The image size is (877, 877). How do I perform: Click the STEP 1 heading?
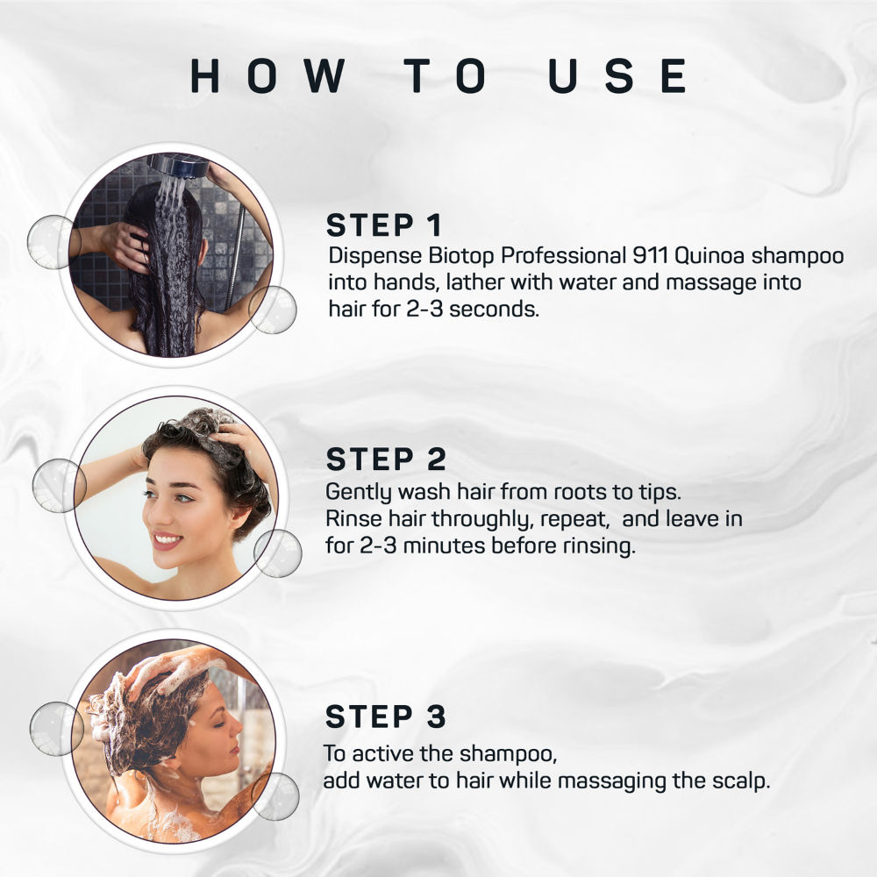[384, 225]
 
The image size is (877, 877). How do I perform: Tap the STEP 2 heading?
[386, 460]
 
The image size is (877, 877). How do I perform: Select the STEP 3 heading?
[386, 717]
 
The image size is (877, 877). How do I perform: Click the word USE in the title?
[618, 75]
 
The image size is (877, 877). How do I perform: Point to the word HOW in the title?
[267, 75]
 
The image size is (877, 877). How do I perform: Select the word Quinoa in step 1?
[709, 255]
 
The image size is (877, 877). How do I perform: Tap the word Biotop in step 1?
[461, 257]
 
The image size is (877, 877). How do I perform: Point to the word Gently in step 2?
[360, 493]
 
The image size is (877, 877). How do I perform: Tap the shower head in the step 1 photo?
[173, 166]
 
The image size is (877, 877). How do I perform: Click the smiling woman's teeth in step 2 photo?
[168, 539]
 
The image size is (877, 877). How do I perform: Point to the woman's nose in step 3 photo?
[237, 726]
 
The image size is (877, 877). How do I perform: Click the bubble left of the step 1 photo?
[53, 242]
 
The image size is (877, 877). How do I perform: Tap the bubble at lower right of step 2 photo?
[278, 553]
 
